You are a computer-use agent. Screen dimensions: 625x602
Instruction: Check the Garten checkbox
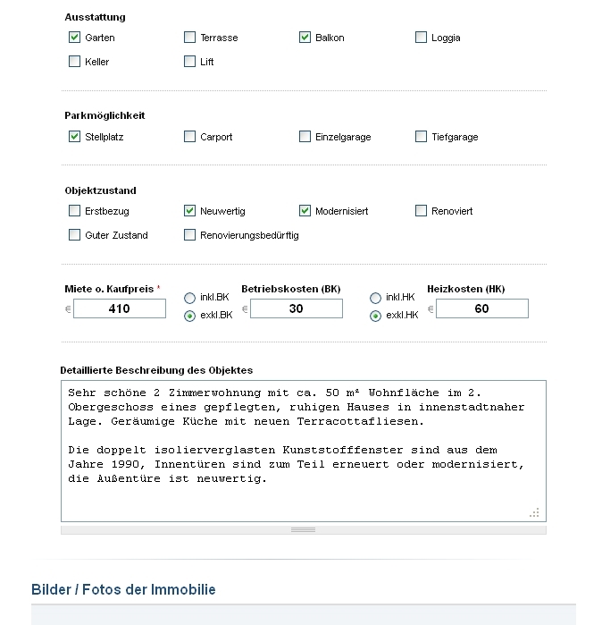(x=74, y=38)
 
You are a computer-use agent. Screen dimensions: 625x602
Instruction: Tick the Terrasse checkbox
(x=189, y=38)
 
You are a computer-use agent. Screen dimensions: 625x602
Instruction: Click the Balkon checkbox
(x=305, y=38)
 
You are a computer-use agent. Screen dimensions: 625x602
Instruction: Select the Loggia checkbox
(x=421, y=38)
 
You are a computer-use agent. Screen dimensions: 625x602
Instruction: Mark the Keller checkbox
(x=74, y=62)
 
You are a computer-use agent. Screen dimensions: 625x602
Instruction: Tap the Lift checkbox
(x=189, y=62)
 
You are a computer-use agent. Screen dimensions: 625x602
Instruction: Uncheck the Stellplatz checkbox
(x=74, y=137)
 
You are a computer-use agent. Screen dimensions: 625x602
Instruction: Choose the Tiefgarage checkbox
(x=421, y=137)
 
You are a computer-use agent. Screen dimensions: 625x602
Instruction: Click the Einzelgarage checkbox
(x=305, y=137)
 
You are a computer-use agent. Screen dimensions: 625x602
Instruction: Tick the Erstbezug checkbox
(x=74, y=211)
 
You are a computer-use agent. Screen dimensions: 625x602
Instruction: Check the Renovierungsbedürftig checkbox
(x=189, y=235)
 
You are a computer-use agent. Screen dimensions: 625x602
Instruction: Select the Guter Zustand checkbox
(x=74, y=235)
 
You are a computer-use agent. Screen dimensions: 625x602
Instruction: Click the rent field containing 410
(x=119, y=308)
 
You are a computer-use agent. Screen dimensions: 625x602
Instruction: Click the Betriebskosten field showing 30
(x=296, y=308)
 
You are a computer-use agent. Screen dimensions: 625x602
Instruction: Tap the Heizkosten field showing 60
(x=481, y=308)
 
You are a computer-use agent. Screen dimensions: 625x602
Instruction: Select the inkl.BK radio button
(x=189, y=298)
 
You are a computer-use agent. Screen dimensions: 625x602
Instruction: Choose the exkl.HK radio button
(x=375, y=316)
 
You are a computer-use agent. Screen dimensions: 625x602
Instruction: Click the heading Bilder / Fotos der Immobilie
(x=123, y=590)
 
